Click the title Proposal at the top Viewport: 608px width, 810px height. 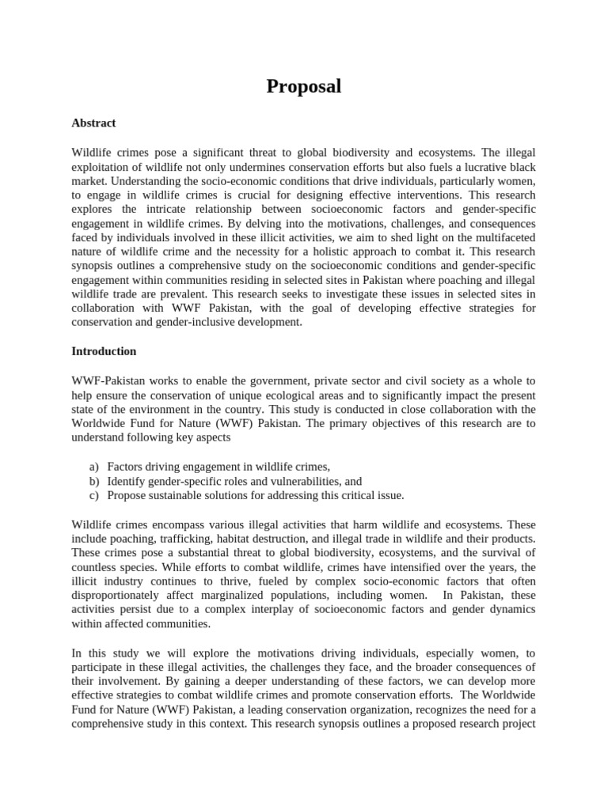(x=304, y=86)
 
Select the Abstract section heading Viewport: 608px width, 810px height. (x=93, y=123)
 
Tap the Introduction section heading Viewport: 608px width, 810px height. (x=104, y=351)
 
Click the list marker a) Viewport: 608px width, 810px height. (x=93, y=467)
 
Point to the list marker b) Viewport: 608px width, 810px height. (x=93, y=481)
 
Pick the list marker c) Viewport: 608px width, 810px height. (x=93, y=495)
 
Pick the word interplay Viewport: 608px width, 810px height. (x=237, y=610)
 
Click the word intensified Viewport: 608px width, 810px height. (x=419, y=567)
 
